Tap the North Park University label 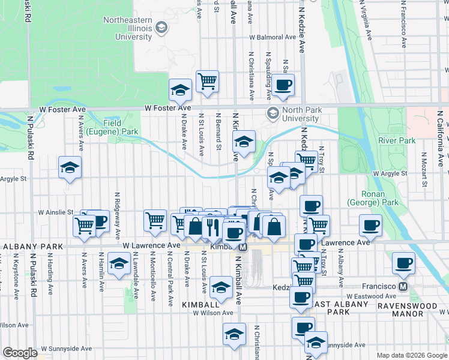(x=302, y=114)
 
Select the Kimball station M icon (x=243, y=247)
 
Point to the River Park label (x=397, y=140)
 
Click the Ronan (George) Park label (x=380, y=199)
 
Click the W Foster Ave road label (x=167, y=108)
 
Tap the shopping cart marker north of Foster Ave (x=207, y=80)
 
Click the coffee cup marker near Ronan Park (x=370, y=226)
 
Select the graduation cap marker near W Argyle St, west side (x=70, y=167)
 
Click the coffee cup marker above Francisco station (x=403, y=263)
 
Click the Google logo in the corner (x=20, y=353)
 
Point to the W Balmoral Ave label (x=273, y=37)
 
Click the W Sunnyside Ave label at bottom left (x=67, y=348)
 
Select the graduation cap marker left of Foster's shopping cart (x=179, y=90)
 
